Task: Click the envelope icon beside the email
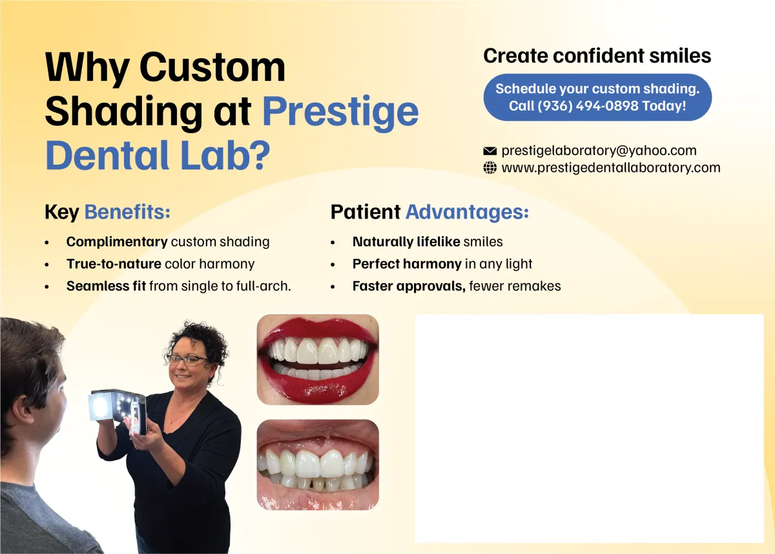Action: tap(490, 151)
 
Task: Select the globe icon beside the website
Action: tap(490, 168)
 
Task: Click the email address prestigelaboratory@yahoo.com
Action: tap(599, 151)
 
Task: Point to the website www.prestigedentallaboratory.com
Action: tap(611, 168)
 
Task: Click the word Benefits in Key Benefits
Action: tap(127, 212)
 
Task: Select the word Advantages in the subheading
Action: tap(467, 212)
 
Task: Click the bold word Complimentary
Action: tap(117, 242)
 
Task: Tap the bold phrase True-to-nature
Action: tap(114, 264)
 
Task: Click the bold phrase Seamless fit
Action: tap(106, 286)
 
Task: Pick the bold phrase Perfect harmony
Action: tap(407, 264)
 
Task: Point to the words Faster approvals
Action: tap(409, 286)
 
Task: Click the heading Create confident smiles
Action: tap(597, 56)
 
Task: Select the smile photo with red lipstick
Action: tap(318, 360)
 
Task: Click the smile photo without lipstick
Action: tap(318, 465)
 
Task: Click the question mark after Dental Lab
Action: tap(259, 154)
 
